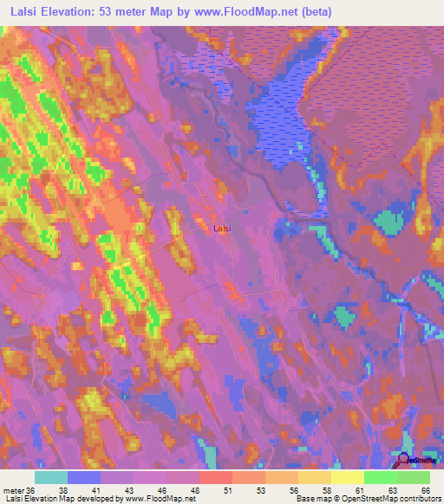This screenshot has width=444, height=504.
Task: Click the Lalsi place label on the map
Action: (x=222, y=229)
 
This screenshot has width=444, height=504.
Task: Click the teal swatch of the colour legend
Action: (x=50, y=477)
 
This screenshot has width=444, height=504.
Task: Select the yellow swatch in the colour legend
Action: (x=347, y=477)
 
